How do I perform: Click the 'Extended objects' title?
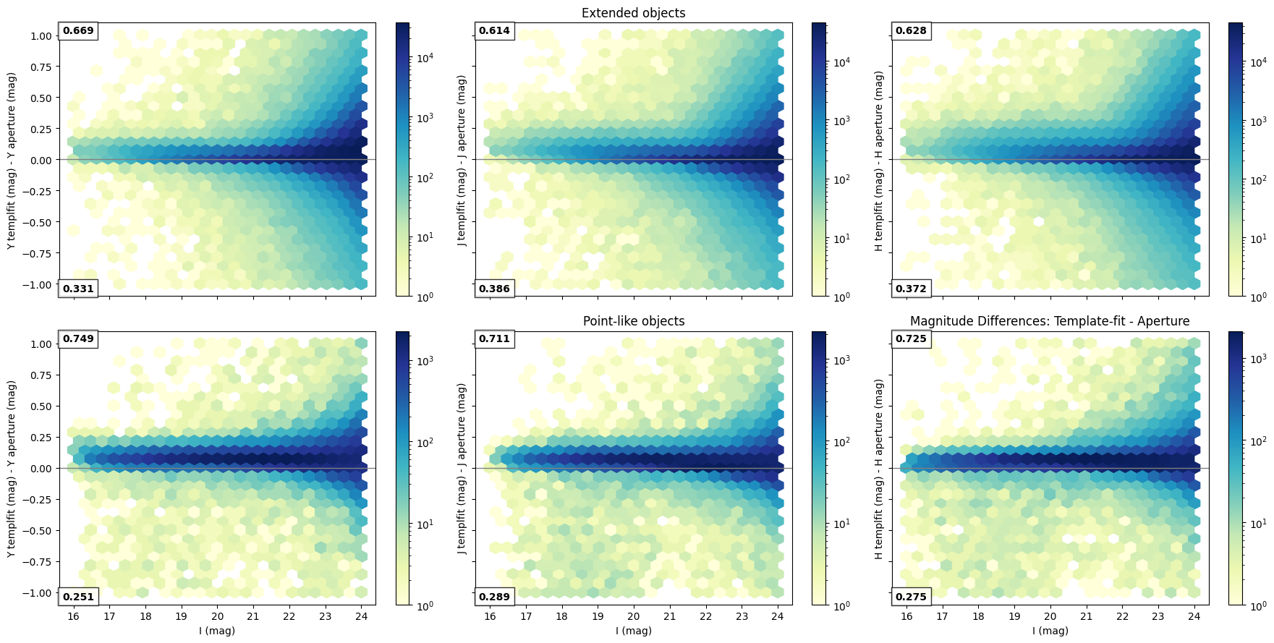(633, 13)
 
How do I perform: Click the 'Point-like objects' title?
(633, 321)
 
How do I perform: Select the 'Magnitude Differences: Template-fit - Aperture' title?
(1050, 321)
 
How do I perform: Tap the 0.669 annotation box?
(78, 31)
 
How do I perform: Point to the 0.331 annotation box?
(78, 289)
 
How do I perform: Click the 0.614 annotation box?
(494, 31)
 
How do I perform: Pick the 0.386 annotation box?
(494, 289)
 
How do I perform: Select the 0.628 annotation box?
(911, 31)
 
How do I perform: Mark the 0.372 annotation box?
(911, 289)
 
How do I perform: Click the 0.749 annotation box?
(78, 339)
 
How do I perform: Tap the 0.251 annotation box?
(78, 597)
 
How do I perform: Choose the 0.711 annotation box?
(494, 339)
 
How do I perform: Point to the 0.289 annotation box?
(494, 597)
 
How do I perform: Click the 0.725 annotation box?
(911, 339)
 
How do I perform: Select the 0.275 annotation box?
(911, 597)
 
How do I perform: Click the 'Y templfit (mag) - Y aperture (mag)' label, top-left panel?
(12, 161)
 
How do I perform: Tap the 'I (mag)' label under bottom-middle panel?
(633, 631)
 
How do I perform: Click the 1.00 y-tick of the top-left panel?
(41, 36)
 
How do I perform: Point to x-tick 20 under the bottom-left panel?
(217, 617)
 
